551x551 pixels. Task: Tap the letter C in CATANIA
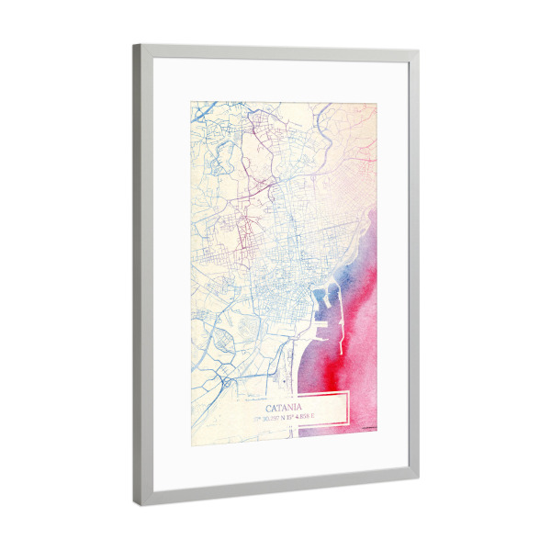[x=269, y=406]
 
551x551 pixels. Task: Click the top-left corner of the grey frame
[x=135, y=47]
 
